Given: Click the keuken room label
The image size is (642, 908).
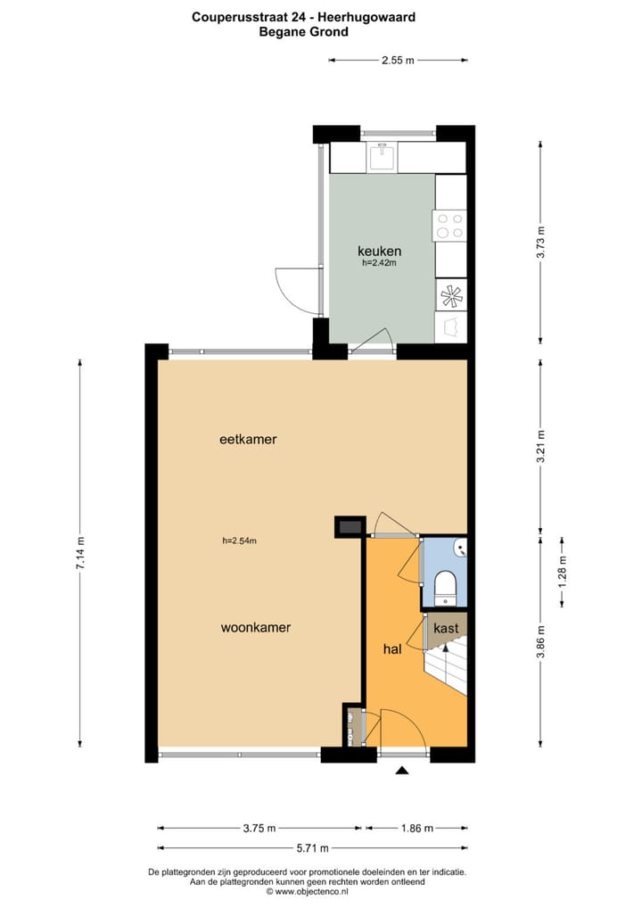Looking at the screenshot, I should [x=380, y=251].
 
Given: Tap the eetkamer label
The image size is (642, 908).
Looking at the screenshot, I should [x=248, y=439].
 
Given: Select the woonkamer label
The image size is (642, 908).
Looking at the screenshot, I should [x=256, y=627].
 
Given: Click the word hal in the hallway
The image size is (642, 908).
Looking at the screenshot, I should [x=392, y=650].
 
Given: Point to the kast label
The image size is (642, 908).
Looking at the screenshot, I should [x=446, y=628].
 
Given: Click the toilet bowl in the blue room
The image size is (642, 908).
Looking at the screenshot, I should [x=444, y=587].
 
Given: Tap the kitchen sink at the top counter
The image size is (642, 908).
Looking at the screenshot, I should [x=383, y=158].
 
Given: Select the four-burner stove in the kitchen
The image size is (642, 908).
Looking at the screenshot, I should [x=449, y=224].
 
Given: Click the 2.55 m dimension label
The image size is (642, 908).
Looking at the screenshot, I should [x=398, y=61].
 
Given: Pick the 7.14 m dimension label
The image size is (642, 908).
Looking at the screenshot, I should [x=81, y=553].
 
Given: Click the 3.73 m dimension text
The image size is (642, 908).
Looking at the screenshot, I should [x=541, y=242].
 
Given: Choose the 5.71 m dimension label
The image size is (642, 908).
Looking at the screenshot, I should [x=312, y=847].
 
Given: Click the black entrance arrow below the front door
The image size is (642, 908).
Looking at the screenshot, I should [x=403, y=772].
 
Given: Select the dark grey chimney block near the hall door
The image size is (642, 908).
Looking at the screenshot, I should [x=349, y=527].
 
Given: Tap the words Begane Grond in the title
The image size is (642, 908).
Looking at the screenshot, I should [x=303, y=31].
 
